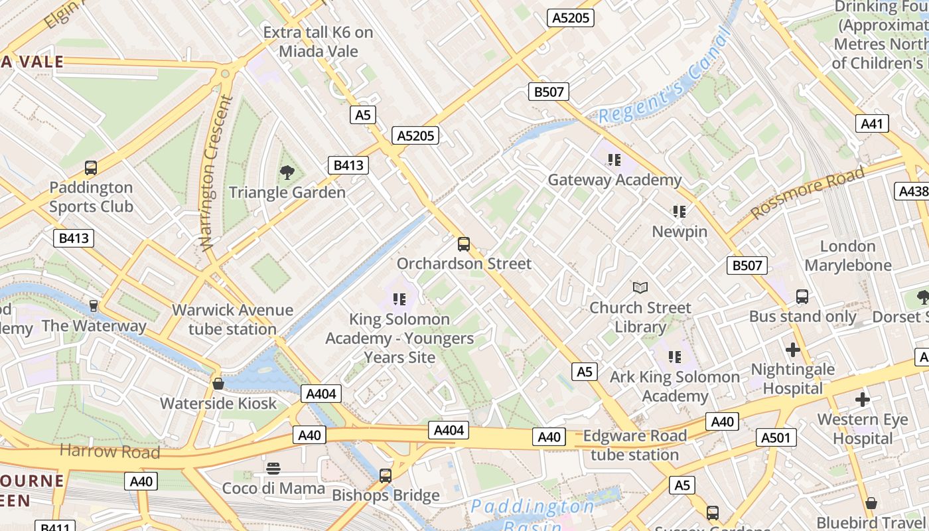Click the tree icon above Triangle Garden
287,173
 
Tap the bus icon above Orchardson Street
464,244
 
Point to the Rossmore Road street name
808,192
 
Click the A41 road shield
873,123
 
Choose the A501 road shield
775,437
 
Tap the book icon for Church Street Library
640,287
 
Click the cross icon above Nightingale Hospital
792,349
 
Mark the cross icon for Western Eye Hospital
862,400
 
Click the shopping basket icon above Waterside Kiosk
218,384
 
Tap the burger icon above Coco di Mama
273,469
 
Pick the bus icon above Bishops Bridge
385,475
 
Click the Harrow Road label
109,451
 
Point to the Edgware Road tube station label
634,445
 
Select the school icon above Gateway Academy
614,159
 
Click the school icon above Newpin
679,212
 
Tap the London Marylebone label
847,256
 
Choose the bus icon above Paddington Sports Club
91,168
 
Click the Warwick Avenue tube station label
232,319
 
